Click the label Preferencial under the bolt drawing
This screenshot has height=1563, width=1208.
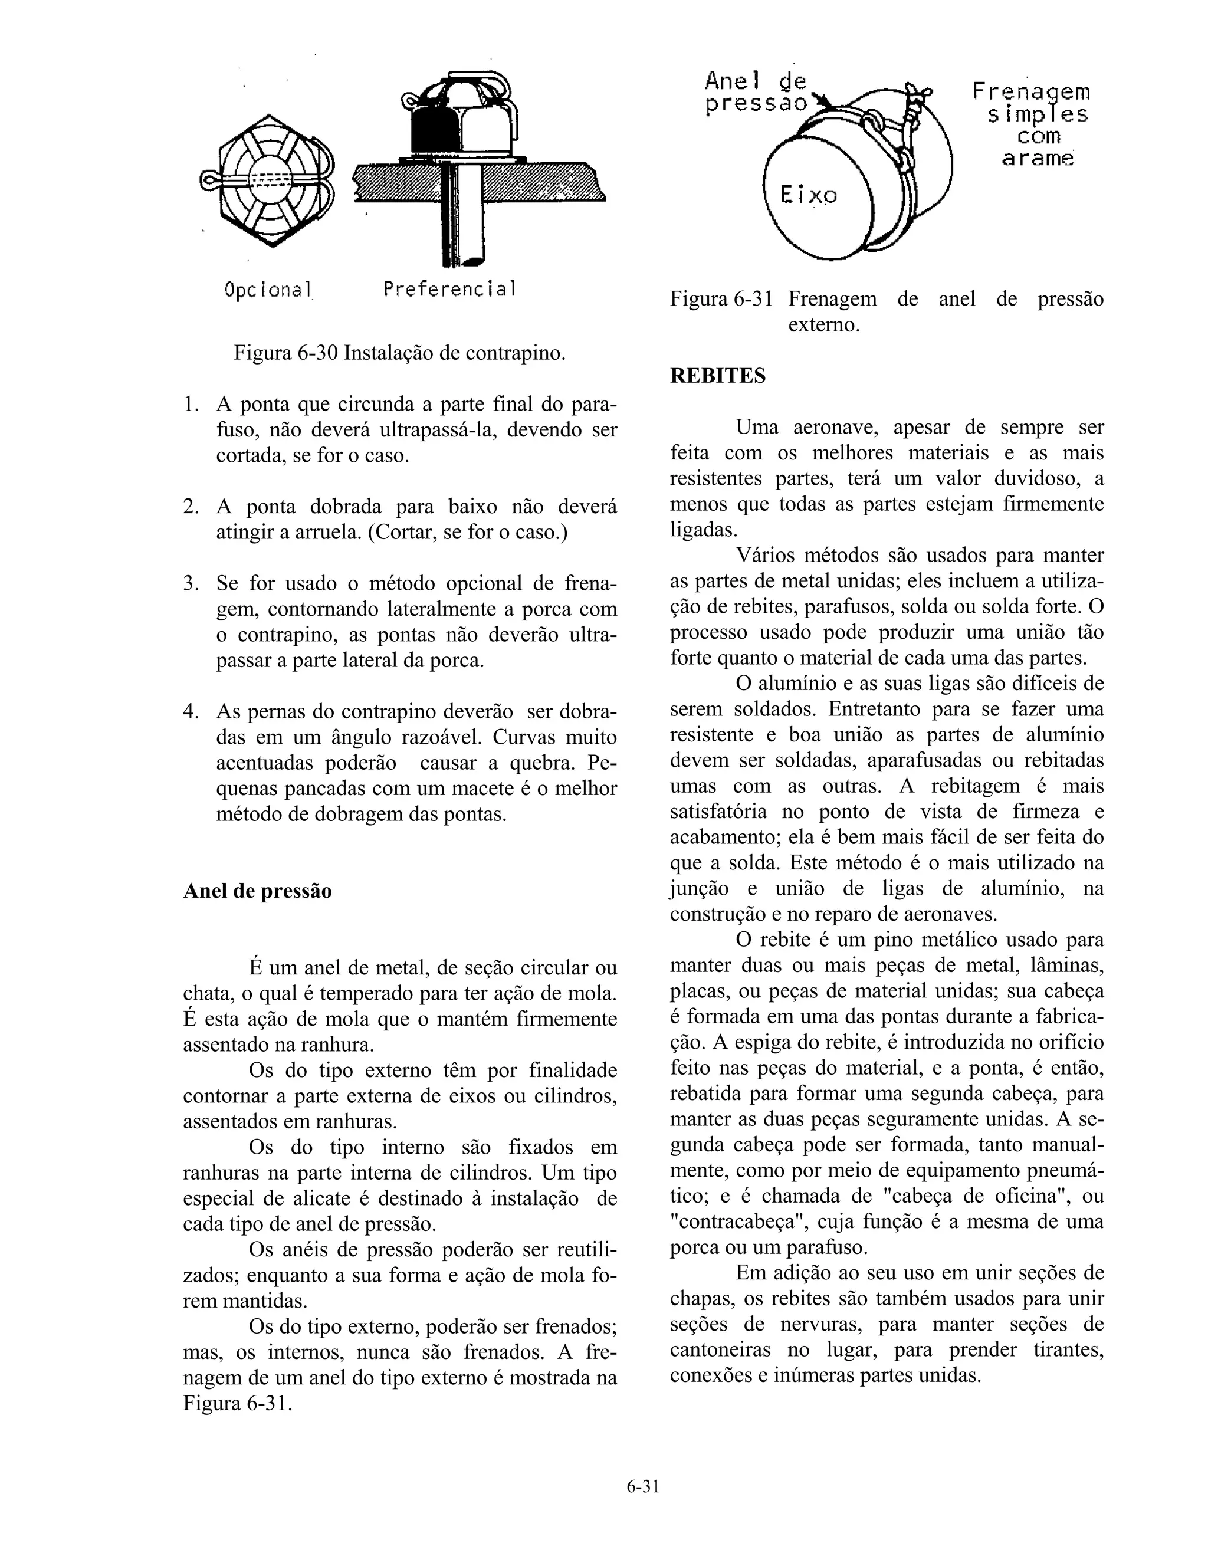[x=449, y=289]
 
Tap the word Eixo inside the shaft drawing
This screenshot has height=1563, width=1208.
[x=808, y=195]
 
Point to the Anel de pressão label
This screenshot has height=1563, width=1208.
[x=756, y=93]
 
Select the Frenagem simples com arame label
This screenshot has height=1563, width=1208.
[x=1030, y=124]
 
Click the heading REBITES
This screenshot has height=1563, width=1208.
[x=717, y=376]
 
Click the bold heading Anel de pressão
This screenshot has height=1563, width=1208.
[x=258, y=891]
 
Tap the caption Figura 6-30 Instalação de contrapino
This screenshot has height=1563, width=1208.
[x=399, y=353]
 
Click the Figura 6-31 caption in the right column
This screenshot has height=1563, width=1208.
[x=886, y=311]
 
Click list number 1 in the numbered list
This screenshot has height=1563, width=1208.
[x=191, y=405]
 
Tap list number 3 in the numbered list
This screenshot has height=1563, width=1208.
[x=191, y=583]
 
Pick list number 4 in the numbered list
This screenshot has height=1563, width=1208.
[x=191, y=711]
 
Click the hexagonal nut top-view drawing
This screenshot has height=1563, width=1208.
[x=269, y=182]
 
